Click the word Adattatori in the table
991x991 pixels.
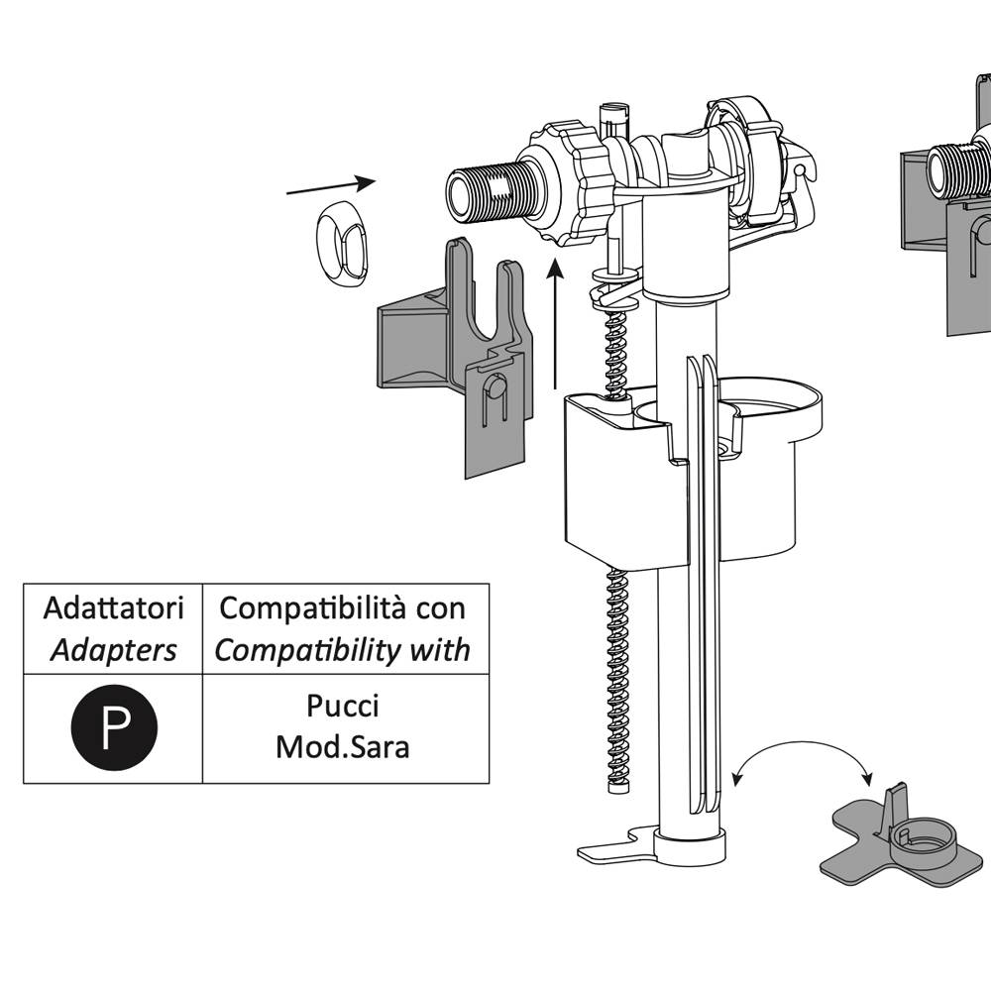pos(112,607)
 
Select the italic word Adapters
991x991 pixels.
pos(113,650)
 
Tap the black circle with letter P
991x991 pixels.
pos(114,728)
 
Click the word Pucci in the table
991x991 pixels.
pos(342,707)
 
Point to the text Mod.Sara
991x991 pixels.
pos(342,745)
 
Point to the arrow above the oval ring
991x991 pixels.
pos(331,186)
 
